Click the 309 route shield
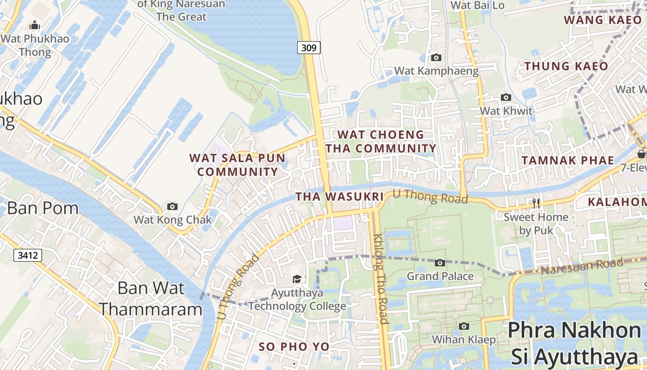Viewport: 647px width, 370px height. [309, 47]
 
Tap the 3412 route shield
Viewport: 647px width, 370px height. [28, 255]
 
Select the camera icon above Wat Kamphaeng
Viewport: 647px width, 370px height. [436, 58]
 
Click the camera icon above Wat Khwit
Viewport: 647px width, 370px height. [506, 98]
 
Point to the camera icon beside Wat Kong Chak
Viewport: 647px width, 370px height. [172, 206]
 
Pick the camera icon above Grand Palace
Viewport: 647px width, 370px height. [440, 263]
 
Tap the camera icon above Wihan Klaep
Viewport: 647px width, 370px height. [464, 327]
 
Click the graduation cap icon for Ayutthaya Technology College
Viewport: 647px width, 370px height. [297, 279]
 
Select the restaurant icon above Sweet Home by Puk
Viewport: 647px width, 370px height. [536, 203]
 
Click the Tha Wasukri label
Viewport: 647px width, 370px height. [340, 197]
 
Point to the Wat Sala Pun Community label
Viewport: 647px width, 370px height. [234, 165]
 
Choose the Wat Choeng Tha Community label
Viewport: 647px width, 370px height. [381, 142]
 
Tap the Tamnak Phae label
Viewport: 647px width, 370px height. [568, 160]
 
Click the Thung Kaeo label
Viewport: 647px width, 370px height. [566, 66]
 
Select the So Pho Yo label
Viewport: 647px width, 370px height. [294, 346]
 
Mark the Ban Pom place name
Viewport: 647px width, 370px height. [43, 208]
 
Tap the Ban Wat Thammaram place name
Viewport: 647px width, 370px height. [151, 298]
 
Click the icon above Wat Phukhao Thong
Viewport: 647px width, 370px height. [35, 25]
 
